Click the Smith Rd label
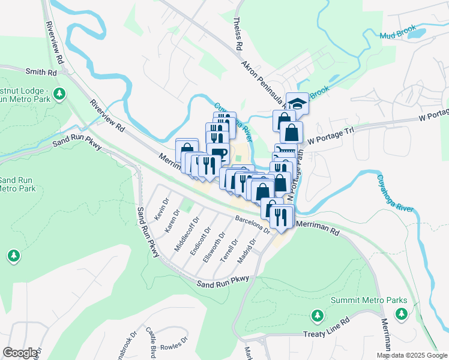[x=40, y=71]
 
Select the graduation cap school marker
[x=297, y=103]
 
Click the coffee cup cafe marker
[x=218, y=153]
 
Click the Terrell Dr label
[x=229, y=247]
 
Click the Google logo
[x=20, y=353]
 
